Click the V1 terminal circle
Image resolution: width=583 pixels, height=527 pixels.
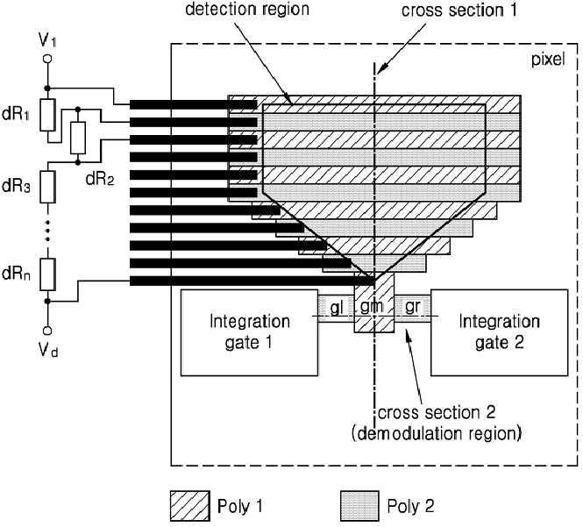(x=47, y=59)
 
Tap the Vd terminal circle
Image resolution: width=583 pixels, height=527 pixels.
(x=47, y=331)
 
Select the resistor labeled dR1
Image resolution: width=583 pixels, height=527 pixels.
(x=47, y=115)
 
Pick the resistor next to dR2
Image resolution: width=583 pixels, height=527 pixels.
(x=78, y=138)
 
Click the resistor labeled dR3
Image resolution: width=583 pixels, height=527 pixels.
(x=47, y=187)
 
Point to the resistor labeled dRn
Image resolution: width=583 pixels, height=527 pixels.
(x=47, y=274)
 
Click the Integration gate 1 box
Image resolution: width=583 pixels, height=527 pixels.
(x=249, y=332)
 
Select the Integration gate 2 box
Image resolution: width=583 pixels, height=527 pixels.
(x=499, y=332)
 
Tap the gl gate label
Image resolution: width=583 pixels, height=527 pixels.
(x=336, y=308)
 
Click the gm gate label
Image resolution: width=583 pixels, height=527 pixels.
(x=372, y=306)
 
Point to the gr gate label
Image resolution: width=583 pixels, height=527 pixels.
(x=413, y=307)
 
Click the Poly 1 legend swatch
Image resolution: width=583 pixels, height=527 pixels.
(x=190, y=506)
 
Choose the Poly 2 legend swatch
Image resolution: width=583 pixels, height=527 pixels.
(x=359, y=506)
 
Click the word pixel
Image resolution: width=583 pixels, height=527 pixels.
(x=548, y=60)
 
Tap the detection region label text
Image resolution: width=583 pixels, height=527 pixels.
(x=247, y=9)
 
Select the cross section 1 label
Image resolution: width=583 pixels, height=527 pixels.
(x=459, y=10)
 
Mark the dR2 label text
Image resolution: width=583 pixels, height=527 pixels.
(x=100, y=179)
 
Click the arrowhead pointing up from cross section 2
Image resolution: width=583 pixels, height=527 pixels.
(x=409, y=336)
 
